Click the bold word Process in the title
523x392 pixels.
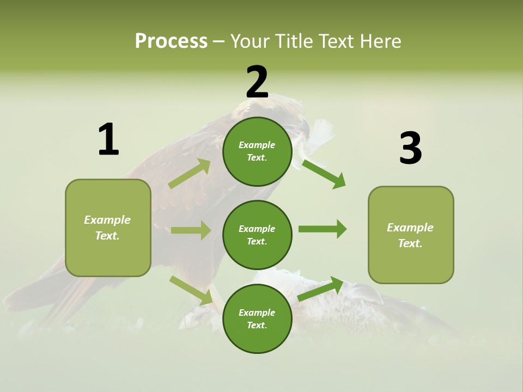[x=171, y=41]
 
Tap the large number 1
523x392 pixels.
[x=108, y=139]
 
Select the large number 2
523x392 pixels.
[x=257, y=82]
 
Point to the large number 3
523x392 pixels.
[x=410, y=148]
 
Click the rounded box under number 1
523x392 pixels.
[x=108, y=228]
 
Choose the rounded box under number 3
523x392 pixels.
[x=411, y=235]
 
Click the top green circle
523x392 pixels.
[x=257, y=151]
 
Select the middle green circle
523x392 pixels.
[x=257, y=235]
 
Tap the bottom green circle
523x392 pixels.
[x=257, y=318]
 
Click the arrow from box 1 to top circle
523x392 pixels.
[x=190, y=174]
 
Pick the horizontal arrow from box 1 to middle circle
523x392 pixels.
[x=191, y=230]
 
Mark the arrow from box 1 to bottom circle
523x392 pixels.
[x=191, y=290]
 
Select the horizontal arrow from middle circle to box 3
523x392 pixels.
[x=323, y=229]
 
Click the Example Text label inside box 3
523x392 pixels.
[x=410, y=235]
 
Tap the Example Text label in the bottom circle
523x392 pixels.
[x=257, y=319]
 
